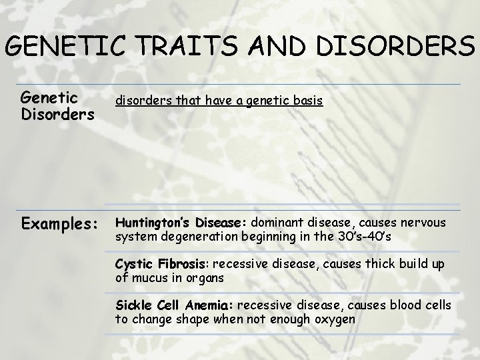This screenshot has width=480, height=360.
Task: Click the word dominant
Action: click(x=278, y=223)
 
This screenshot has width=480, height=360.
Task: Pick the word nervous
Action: click(x=425, y=223)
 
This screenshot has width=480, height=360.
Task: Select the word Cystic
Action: click(x=131, y=264)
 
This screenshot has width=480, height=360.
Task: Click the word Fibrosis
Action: click(x=178, y=264)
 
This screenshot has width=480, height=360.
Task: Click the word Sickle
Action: click(x=133, y=305)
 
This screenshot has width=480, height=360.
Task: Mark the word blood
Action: click(x=403, y=305)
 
